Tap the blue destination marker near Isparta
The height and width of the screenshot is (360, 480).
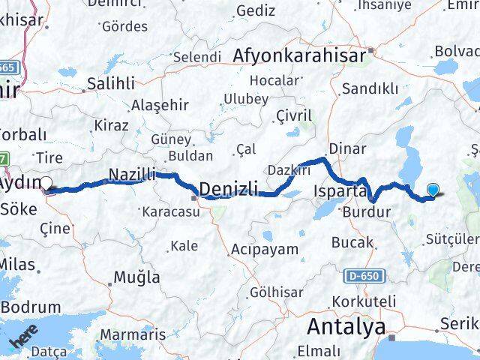tap(433, 190)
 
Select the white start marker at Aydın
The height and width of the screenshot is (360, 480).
tap(46, 183)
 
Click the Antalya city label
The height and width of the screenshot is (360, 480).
tap(347, 327)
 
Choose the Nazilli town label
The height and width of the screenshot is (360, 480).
tap(132, 174)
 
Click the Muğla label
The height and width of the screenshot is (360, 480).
tap(136, 277)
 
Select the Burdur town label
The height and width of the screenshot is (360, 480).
tap(366, 212)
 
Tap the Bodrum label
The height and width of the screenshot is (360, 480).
tap(30, 307)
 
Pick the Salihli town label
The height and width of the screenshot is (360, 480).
tap(111, 83)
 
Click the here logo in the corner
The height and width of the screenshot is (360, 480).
tap(23, 339)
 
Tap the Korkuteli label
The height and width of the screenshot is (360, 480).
tap(366, 301)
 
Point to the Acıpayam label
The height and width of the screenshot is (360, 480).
tap(265, 248)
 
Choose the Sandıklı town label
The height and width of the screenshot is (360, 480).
tap(369, 88)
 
